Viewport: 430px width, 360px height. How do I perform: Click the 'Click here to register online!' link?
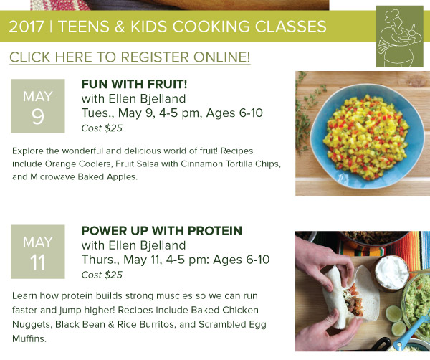(130, 57)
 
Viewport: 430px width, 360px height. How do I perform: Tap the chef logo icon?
(400, 37)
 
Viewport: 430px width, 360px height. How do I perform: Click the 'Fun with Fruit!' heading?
(135, 84)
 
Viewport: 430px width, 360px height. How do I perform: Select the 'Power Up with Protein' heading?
(162, 231)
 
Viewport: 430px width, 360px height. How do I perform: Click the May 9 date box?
(38, 106)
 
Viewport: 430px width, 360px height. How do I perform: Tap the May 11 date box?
(38, 252)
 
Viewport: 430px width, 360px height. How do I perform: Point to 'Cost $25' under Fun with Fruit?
(102, 128)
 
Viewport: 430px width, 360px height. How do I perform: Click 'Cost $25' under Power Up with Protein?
(102, 275)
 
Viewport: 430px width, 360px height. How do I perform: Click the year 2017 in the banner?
(27, 27)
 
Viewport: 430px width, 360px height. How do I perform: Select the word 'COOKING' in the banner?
(211, 27)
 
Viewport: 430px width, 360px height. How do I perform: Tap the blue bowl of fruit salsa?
(367, 136)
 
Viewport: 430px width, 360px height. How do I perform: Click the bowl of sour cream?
(391, 273)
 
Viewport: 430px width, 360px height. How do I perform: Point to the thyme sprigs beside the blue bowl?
(307, 113)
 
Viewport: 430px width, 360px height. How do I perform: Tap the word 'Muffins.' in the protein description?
(29, 338)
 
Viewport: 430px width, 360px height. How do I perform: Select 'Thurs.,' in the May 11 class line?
(100, 260)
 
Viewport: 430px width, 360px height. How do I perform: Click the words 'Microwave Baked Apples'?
(83, 176)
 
